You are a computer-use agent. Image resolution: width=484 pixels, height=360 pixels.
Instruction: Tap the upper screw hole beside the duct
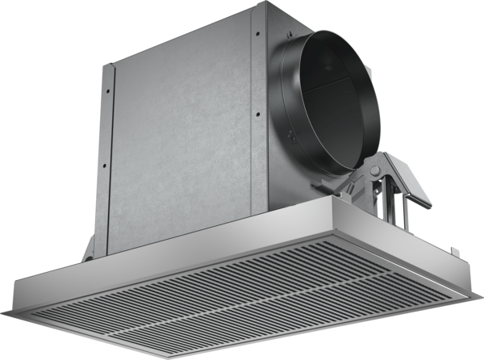coord(257,34)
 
